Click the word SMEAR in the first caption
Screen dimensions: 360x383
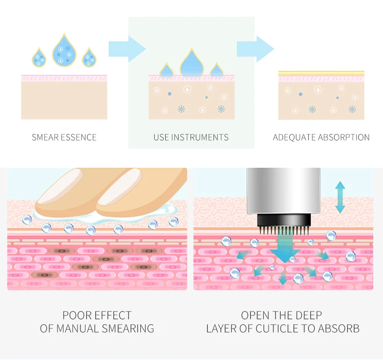click(45, 138)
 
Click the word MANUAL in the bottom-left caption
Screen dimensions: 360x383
click(77, 329)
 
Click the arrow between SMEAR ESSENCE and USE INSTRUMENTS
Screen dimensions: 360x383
click(126, 48)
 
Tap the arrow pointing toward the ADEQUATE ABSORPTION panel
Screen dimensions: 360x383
click(255, 48)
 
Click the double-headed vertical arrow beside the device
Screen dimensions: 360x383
click(340, 197)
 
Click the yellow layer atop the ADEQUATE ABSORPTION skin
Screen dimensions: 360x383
click(321, 73)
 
